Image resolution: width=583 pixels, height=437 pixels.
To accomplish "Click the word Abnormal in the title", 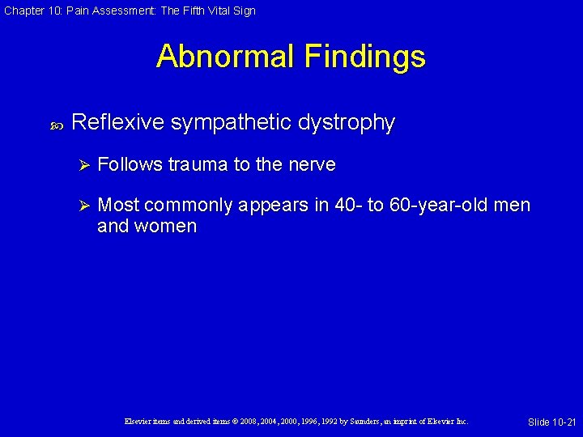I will [226, 57].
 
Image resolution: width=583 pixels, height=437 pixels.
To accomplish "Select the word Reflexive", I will [117, 122].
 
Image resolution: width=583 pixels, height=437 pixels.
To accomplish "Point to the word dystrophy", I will [347, 123].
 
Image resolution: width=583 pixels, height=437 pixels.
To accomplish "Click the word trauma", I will [198, 165].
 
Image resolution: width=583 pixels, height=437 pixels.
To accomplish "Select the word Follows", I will [129, 165].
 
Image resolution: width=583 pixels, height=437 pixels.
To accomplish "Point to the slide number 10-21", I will [561, 422].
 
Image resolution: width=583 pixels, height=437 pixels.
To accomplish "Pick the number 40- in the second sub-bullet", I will [347, 206].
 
